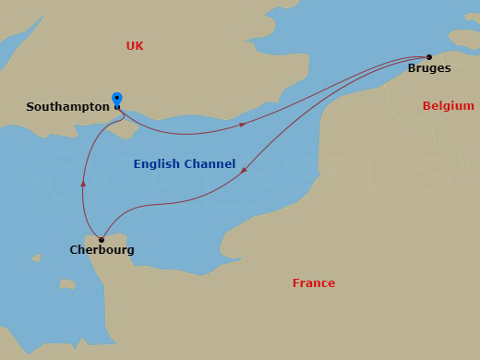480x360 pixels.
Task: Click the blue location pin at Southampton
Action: [x=116, y=99]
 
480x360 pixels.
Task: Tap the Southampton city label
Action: [x=67, y=107]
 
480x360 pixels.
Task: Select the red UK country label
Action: [x=135, y=46]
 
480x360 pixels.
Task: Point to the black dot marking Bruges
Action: [x=429, y=57]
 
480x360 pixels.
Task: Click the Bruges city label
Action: [x=429, y=68]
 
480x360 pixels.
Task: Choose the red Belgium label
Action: [x=448, y=106]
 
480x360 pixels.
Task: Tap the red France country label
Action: [x=314, y=283]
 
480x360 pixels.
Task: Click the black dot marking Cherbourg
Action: [x=102, y=240]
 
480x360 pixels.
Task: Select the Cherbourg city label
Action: [x=102, y=250]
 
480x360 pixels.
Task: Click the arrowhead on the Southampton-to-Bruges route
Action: [x=242, y=124]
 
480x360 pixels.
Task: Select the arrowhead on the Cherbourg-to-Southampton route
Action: [x=83, y=184]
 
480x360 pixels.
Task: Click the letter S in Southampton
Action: [x=30, y=107]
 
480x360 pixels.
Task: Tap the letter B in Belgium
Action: [x=426, y=106]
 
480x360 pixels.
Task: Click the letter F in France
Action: [x=296, y=283]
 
